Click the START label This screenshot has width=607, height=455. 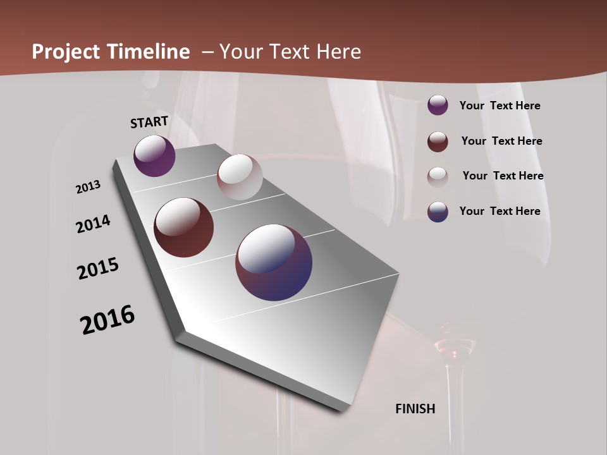[x=149, y=122]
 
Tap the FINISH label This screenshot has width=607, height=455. [x=415, y=409]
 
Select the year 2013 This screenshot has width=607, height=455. [x=88, y=187]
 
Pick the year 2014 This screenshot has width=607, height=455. [x=93, y=224]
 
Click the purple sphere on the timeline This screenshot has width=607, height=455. [x=154, y=155]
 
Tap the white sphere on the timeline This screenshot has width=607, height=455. [x=240, y=177]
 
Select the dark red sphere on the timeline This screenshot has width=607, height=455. [x=184, y=227]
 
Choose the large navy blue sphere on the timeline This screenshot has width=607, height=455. [x=274, y=262]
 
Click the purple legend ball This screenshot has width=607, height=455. [x=438, y=105]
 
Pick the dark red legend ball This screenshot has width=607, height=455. [x=438, y=142]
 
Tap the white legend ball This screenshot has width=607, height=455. [x=438, y=176]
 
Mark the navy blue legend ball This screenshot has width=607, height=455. [x=438, y=211]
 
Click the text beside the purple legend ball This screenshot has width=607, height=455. [x=500, y=106]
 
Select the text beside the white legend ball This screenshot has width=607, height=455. [x=503, y=176]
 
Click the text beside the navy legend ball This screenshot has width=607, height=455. [x=500, y=211]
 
